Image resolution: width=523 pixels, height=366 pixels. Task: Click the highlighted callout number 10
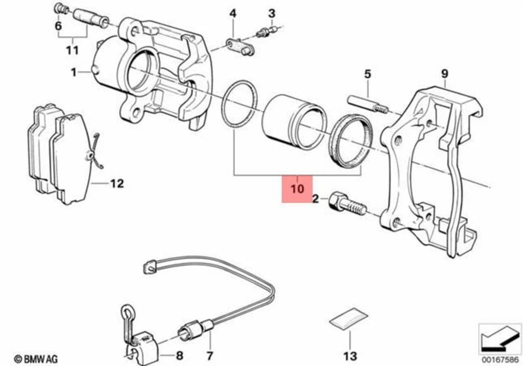pos(296,189)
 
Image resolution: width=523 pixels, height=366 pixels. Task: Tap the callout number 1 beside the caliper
pos(74,71)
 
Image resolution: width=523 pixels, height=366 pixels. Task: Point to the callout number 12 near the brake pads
pos(117,184)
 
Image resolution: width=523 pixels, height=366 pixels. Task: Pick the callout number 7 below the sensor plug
pos(209,357)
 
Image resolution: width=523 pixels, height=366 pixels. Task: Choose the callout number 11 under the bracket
pos(72,50)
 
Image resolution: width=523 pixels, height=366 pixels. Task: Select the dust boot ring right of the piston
pos(352,140)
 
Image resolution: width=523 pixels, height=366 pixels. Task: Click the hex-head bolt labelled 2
pos(345,205)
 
